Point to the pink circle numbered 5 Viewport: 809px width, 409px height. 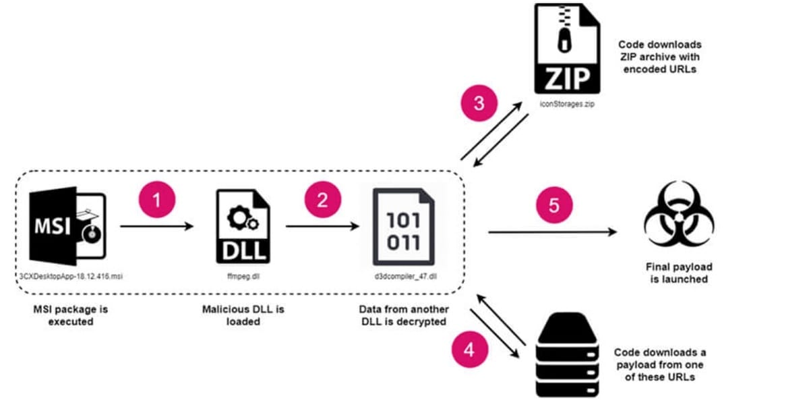coord(553,204)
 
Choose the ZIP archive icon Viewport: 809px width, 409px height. coord(566,49)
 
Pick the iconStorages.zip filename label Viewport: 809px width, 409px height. coord(566,105)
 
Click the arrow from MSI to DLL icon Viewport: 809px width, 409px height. coord(157,227)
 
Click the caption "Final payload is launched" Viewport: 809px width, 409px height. coord(679,273)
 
